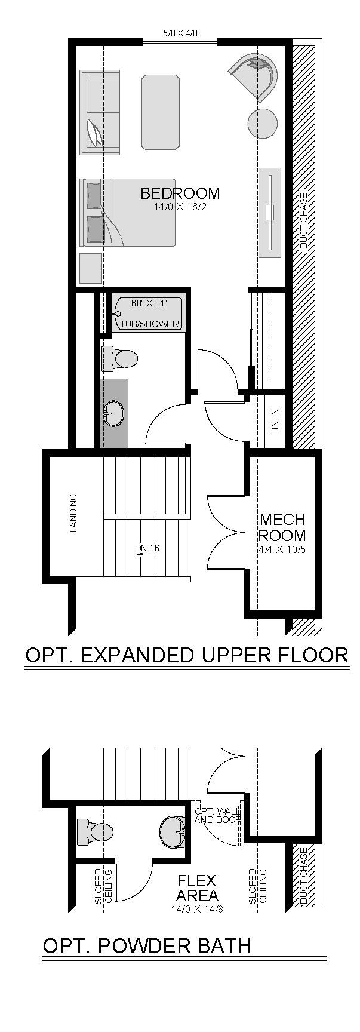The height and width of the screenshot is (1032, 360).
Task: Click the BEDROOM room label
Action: click(180, 193)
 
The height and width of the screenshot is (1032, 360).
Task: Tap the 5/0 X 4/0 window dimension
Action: click(180, 34)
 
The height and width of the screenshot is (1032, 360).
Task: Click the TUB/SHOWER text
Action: click(150, 324)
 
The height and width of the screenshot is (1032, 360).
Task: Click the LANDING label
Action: click(73, 512)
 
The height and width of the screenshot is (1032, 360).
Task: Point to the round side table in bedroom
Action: click(262, 124)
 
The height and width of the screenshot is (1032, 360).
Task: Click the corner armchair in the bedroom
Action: click(255, 76)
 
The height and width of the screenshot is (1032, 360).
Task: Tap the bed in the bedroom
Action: click(128, 213)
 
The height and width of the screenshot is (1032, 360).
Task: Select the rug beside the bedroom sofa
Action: click(161, 112)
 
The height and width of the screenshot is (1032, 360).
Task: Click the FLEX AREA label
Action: click(196, 888)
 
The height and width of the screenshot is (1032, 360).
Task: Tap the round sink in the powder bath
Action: click(174, 831)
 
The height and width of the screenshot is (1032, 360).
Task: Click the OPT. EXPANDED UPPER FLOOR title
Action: click(187, 655)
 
